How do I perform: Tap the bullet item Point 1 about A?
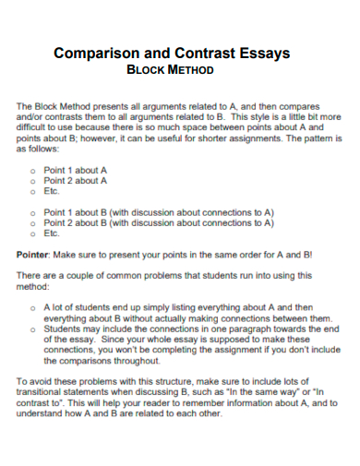pyautogui.click(x=75, y=171)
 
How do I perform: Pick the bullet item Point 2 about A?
pyautogui.click(x=75, y=181)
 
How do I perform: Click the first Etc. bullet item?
pyautogui.click(x=52, y=191)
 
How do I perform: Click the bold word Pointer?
pyautogui.click(x=35, y=253)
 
